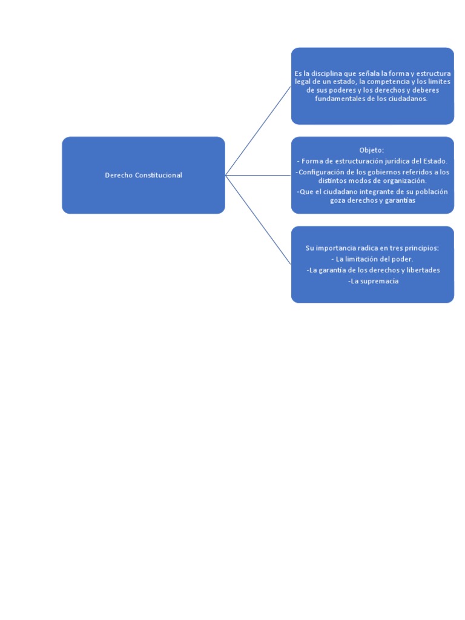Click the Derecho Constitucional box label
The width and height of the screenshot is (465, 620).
pos(143,175)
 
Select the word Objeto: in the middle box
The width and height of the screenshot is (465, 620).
pos(372,150)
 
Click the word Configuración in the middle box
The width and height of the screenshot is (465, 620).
pos(323,172)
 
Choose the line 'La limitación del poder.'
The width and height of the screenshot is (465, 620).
pos(372,259)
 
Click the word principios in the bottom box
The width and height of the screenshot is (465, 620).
pos(418,248)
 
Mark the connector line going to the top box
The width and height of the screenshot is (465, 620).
pos(258,131)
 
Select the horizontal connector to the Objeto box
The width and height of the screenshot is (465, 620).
pos(258,176)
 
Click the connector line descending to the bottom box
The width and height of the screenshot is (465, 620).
pos(258,220)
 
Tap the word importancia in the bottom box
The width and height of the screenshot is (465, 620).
pos(336,248)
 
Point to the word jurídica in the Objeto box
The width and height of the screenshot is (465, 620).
pos(391,160)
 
